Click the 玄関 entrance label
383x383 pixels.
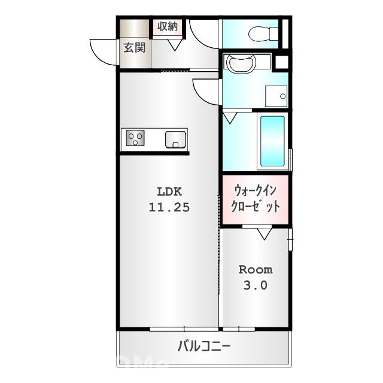point(135,48)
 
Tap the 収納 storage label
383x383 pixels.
point(167,26)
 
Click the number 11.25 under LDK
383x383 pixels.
point(169,208)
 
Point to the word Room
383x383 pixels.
point(256,269)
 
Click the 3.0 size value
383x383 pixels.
point(256,285)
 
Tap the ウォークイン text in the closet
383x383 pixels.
point(256,191)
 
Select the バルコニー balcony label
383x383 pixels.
point(204,346)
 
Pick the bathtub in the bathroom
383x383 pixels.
point(272,142)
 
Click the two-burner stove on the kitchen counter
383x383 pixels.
point(135,139)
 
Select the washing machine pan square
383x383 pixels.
point(276,95)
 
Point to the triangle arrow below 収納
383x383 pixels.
point(176,44)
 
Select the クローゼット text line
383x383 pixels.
point(256,207)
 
